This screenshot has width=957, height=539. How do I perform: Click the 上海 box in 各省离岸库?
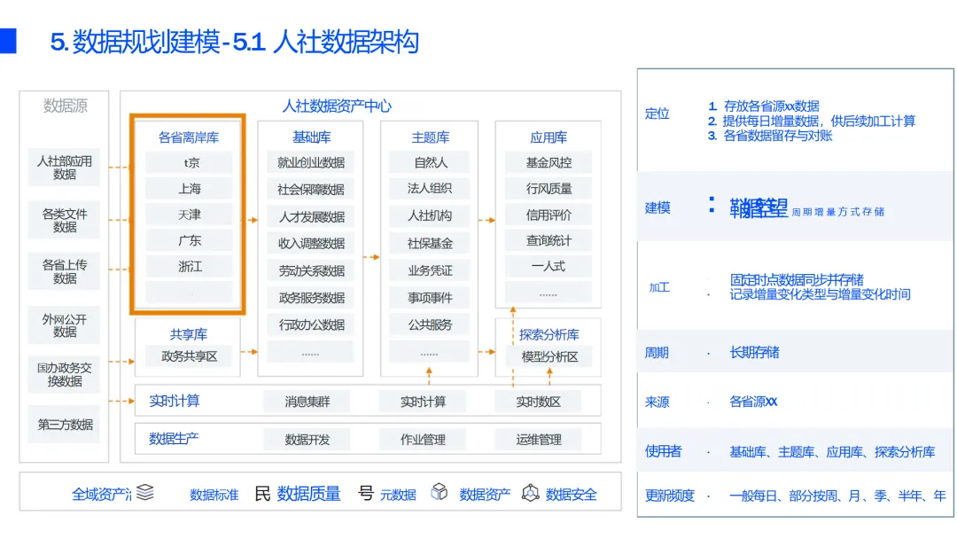coord(189,188)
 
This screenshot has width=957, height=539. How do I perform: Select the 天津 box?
coord(189,215)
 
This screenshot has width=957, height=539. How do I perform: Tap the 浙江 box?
coord(189,266)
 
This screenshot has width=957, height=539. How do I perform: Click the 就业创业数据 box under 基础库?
coord(310,162)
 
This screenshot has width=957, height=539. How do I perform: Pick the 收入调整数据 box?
coord(310,243)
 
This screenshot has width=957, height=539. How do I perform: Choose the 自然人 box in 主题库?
coord(431,162)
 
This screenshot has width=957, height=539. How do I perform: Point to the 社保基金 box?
coord(431,243)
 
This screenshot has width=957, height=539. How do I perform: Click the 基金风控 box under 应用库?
coord(549,162)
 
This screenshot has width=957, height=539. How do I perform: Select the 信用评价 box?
coord(549,215)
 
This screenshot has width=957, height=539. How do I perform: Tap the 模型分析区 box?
coord(549,356)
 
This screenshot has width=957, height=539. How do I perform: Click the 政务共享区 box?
coord(189,356)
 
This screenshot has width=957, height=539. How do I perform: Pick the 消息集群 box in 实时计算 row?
coord(307,402)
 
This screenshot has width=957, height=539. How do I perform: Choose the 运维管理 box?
coord(539,439)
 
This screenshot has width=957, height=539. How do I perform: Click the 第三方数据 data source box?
coord(65,425)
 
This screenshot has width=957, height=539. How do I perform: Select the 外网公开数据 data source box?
coord(65,324)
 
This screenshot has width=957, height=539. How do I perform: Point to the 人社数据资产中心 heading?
coord(337,105)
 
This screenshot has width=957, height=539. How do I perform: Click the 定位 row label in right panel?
coord(657,113)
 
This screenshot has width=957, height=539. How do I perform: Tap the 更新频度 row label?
coord(670,496)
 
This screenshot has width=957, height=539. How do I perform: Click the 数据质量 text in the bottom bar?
coord(308,494)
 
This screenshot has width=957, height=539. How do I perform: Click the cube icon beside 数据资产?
coord(439,493)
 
